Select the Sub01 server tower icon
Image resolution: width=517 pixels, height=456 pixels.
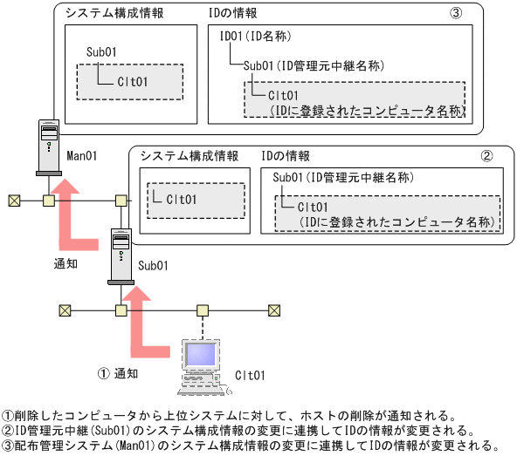(x=119, y=255)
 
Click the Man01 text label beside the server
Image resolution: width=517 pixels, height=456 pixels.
(x=82, y=154)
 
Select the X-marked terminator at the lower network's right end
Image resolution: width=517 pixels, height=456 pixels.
(x=274, y=310)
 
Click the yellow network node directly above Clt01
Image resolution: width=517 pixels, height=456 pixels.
(x=202, y=310)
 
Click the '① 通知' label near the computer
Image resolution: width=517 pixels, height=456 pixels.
(x=118, y=373)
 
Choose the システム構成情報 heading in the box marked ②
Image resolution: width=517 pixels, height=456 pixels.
(x=190, y=156)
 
